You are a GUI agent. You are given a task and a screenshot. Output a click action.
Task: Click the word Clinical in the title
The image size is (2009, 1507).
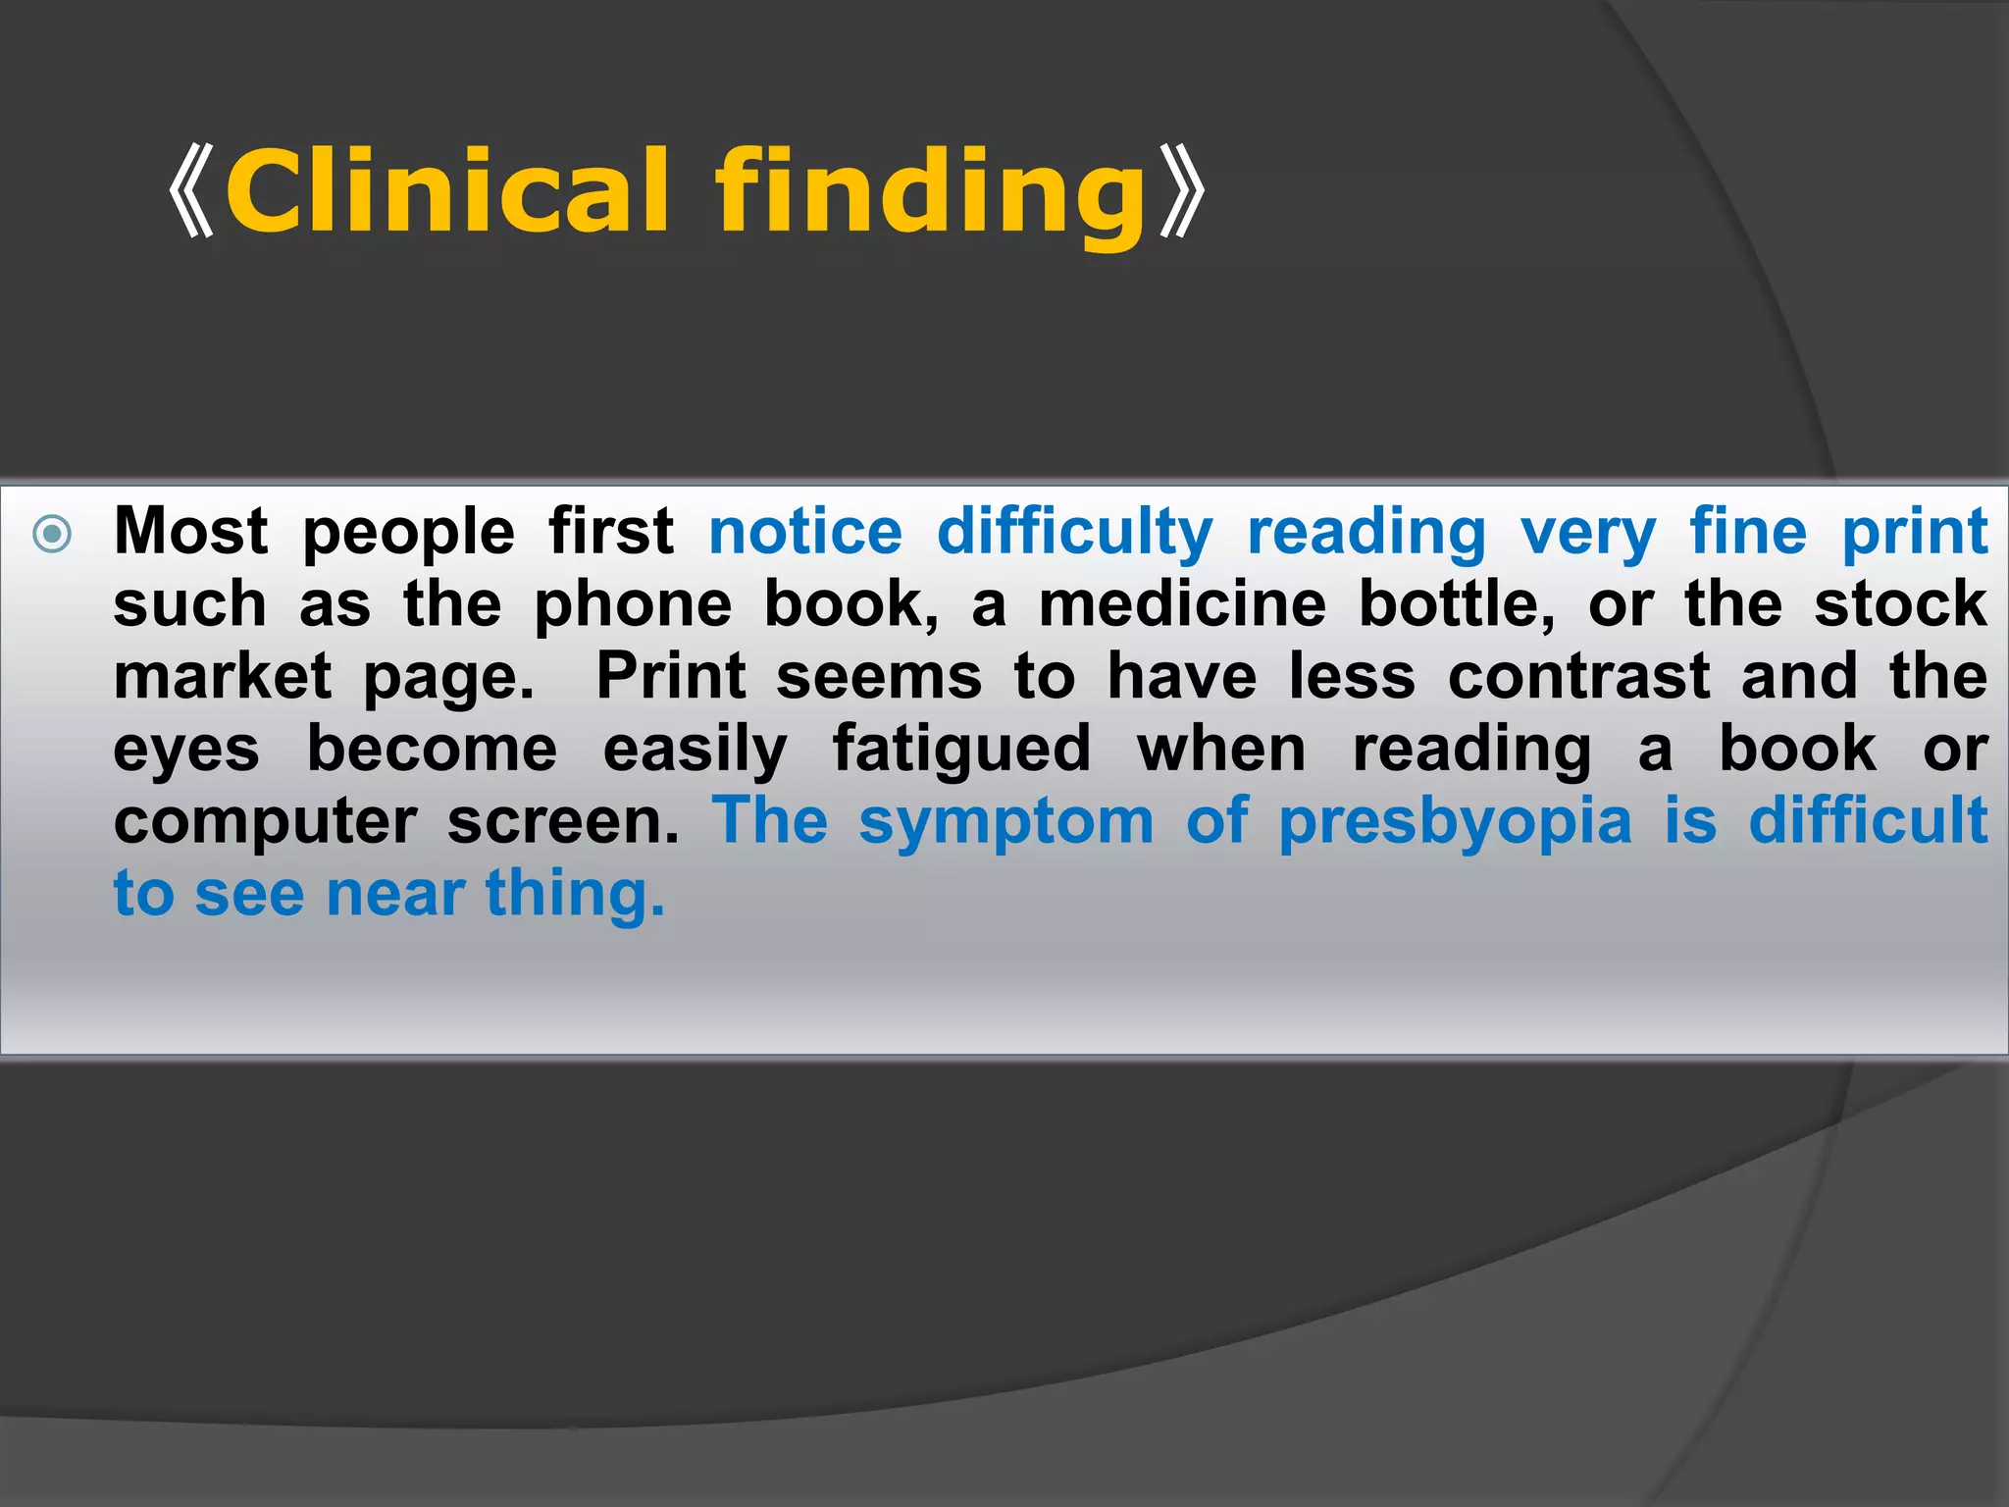[447, 190]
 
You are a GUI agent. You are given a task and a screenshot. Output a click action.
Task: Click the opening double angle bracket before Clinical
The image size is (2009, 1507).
[192, 190]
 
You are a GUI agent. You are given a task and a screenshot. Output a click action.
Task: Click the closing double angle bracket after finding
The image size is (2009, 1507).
[1181, 190]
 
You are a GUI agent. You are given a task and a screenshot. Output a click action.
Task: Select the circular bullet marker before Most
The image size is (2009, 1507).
[52, 535]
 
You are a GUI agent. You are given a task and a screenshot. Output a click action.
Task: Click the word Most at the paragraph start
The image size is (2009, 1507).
[190, 532]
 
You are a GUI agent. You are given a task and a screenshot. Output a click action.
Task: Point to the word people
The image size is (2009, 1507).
[408, 534]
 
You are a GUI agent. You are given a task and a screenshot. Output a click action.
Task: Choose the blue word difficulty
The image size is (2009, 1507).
[1075, 534]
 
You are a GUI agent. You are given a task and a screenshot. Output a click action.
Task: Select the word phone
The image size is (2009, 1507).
[633, 604]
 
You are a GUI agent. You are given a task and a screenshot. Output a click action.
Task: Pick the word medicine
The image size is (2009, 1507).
[1182, 604]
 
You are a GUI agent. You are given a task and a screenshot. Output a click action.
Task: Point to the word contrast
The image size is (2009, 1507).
[1578, 677]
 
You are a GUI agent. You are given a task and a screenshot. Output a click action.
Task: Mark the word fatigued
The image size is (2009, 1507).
[961, 751]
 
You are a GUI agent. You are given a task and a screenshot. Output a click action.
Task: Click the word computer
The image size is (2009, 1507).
[265, 822]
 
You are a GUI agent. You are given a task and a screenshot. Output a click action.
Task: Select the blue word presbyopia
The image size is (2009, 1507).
[1455, 822]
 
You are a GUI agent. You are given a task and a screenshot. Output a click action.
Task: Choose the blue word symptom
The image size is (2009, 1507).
[1005, 822]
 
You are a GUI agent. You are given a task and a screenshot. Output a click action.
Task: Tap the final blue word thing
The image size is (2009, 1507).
[575, 895]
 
